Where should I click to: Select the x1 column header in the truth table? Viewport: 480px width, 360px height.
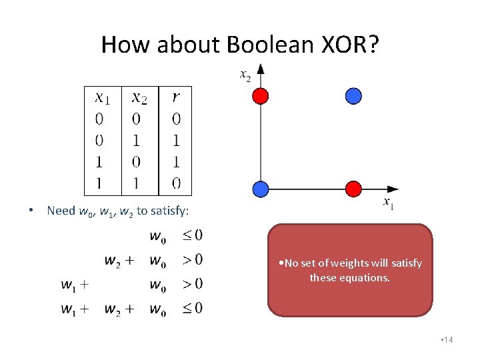click(x=103, y=98)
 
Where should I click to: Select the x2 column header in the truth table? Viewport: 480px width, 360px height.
click(x=139, y=98)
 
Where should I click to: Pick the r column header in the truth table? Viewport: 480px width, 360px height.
click(x=175, y=98)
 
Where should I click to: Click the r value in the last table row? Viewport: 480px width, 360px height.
click(x=175, y=182)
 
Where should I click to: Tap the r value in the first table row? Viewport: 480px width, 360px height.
click(x=175, y=119)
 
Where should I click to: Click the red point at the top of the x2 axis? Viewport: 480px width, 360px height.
click(x=261, y=96)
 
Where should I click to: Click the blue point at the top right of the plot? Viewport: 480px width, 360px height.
click(x=353, y=96)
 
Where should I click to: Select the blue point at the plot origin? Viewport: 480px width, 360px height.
click(x=261, y=189)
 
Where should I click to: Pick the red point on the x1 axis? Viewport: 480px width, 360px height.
click(x=353, y=189)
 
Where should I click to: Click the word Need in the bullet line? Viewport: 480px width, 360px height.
click(x=61, y=211)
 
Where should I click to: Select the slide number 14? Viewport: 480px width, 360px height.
click(x=447, y=341)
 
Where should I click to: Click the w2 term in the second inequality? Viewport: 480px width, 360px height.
click(x=114, y=259)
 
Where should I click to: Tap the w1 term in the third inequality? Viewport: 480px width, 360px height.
click(x=69, y=285)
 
